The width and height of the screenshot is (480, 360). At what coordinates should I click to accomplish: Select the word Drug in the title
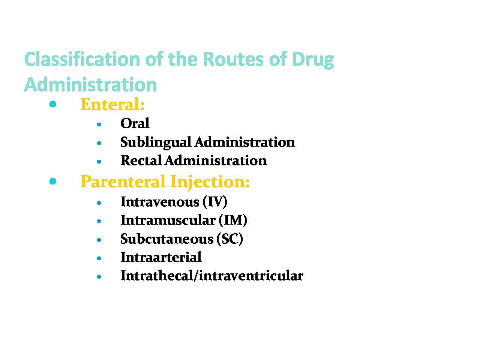pyautogui.click(x=313, y=60)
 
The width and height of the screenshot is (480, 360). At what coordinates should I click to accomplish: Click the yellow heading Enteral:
pyautogui.click(x=112, y=104)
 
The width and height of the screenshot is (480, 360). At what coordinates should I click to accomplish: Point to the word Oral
pyautogui.click(x=135, y=123)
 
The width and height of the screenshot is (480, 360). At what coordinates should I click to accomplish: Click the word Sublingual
pyautogui.click(x=156, y=143)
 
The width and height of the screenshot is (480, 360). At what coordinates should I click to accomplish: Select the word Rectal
pyautogui.click(x=141, y=160)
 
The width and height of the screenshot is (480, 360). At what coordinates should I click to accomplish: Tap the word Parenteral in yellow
pyautogui.click(x=123, y=181)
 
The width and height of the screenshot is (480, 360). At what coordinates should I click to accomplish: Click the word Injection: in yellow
pyautogui.click(x=210, y=182)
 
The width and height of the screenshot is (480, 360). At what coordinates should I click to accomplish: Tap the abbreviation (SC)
pyautogui.click(x=229, y=239)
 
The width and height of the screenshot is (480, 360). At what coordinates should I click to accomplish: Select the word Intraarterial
pyautogui.click(x=161, y=257)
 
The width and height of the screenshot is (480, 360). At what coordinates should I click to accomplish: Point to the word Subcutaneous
pyautogui.click(x=167, y=239)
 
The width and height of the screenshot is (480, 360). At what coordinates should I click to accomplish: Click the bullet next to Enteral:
pyautogui.click(x=53, y=104)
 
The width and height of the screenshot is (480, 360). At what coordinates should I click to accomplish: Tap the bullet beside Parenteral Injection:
pyautogui.click(x=53, y=181)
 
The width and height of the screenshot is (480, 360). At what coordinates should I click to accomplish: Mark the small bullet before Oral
pyautogui.click(x=99, y=124)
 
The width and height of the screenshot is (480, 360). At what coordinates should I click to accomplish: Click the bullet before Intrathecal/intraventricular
pyautogui.click(x=99, y=277)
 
